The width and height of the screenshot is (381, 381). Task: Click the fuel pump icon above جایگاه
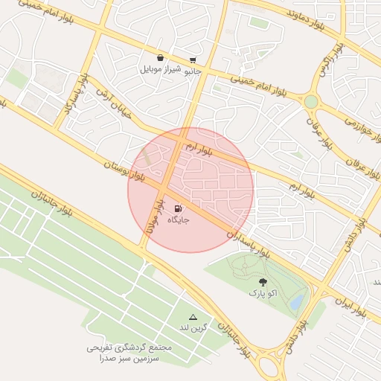177,209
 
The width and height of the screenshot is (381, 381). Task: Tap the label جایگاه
178,220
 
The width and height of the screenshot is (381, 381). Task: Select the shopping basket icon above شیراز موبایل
160,58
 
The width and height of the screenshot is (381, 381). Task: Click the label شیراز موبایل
160,71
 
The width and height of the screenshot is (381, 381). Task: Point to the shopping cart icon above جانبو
193,60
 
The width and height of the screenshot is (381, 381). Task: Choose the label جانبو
193,71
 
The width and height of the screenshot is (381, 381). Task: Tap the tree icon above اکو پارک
263,282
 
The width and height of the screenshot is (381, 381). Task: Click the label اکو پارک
263,294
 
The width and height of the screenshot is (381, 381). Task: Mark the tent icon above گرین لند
193,317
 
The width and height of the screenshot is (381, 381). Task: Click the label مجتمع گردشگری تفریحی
129,348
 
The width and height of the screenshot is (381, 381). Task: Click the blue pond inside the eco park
296,302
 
